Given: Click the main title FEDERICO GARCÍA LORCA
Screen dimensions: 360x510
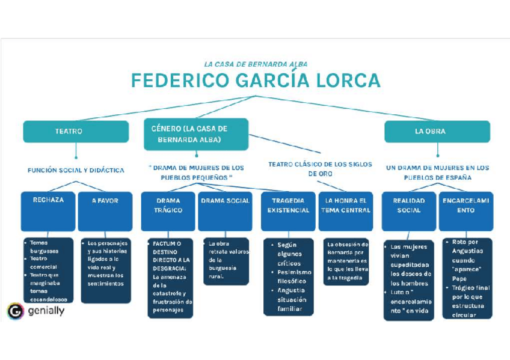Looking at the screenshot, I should [x=255, y=81].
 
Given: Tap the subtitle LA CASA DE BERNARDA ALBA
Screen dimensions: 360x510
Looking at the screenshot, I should [x=255, y=63].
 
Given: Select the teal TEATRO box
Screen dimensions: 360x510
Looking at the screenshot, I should [x=76, y=131].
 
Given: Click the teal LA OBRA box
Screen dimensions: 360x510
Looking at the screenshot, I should [x=437, y=131].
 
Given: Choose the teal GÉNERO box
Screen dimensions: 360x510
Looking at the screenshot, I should [x=195, y=133].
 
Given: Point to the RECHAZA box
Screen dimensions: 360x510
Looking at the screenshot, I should [x=48, y=211].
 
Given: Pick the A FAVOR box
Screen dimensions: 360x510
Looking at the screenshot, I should [x=105, y=211].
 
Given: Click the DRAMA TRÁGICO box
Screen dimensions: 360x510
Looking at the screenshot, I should [x=168, y=211].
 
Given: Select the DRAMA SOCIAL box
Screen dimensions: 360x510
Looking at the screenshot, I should [x=225, y=211].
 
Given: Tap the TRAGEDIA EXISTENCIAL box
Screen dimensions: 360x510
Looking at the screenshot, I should [x=288, y=211].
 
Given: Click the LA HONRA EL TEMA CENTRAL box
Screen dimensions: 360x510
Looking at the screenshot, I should [x=345, y=211].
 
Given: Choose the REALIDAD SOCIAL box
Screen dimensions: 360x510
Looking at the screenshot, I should [x=408, y=211].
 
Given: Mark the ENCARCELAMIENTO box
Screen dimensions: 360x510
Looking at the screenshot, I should [x=465, y=211].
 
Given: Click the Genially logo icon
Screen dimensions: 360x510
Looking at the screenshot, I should [x=16, y=311].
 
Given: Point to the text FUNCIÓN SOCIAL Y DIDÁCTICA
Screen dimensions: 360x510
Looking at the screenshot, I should [x=76, y=170].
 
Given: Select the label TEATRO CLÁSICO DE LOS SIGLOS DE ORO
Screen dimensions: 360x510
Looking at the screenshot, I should [x=320, y=169].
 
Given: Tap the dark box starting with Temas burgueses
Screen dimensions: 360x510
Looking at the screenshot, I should [x=48, y=270].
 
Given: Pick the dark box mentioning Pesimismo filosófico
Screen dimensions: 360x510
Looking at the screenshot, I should [x=288, y=276].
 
